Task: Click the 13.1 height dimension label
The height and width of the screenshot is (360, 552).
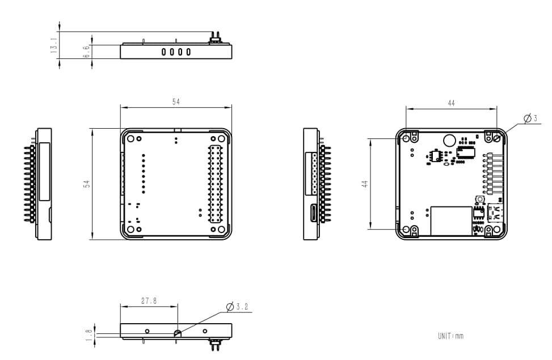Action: pos(54,46)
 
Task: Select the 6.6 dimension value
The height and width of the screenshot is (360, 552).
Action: pos(86,52)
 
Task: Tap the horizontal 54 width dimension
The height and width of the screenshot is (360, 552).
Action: pos(176,101)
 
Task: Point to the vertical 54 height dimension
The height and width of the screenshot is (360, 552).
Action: pos(87,184)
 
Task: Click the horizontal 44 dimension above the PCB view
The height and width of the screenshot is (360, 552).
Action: pos(451,103)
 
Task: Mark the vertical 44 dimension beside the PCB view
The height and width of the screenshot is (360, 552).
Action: pos(365,184)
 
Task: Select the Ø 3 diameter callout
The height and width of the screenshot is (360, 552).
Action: pos(527,118)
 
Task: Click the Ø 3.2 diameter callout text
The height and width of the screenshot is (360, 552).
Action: pos(237,307)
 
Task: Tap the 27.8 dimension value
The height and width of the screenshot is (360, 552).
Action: pos(149,301)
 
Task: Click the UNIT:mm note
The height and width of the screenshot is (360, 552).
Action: pos(450,336)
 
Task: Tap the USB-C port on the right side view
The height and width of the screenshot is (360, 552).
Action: pos(312,214)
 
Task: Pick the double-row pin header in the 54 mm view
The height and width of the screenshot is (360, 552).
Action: pos(215,184)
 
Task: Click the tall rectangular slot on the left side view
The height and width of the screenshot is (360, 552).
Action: pos(44,172)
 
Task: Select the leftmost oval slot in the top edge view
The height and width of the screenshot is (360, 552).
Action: pos(163,52)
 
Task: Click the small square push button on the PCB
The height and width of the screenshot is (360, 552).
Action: pos(479,201)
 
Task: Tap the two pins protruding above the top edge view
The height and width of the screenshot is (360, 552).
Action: pos(215,36)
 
